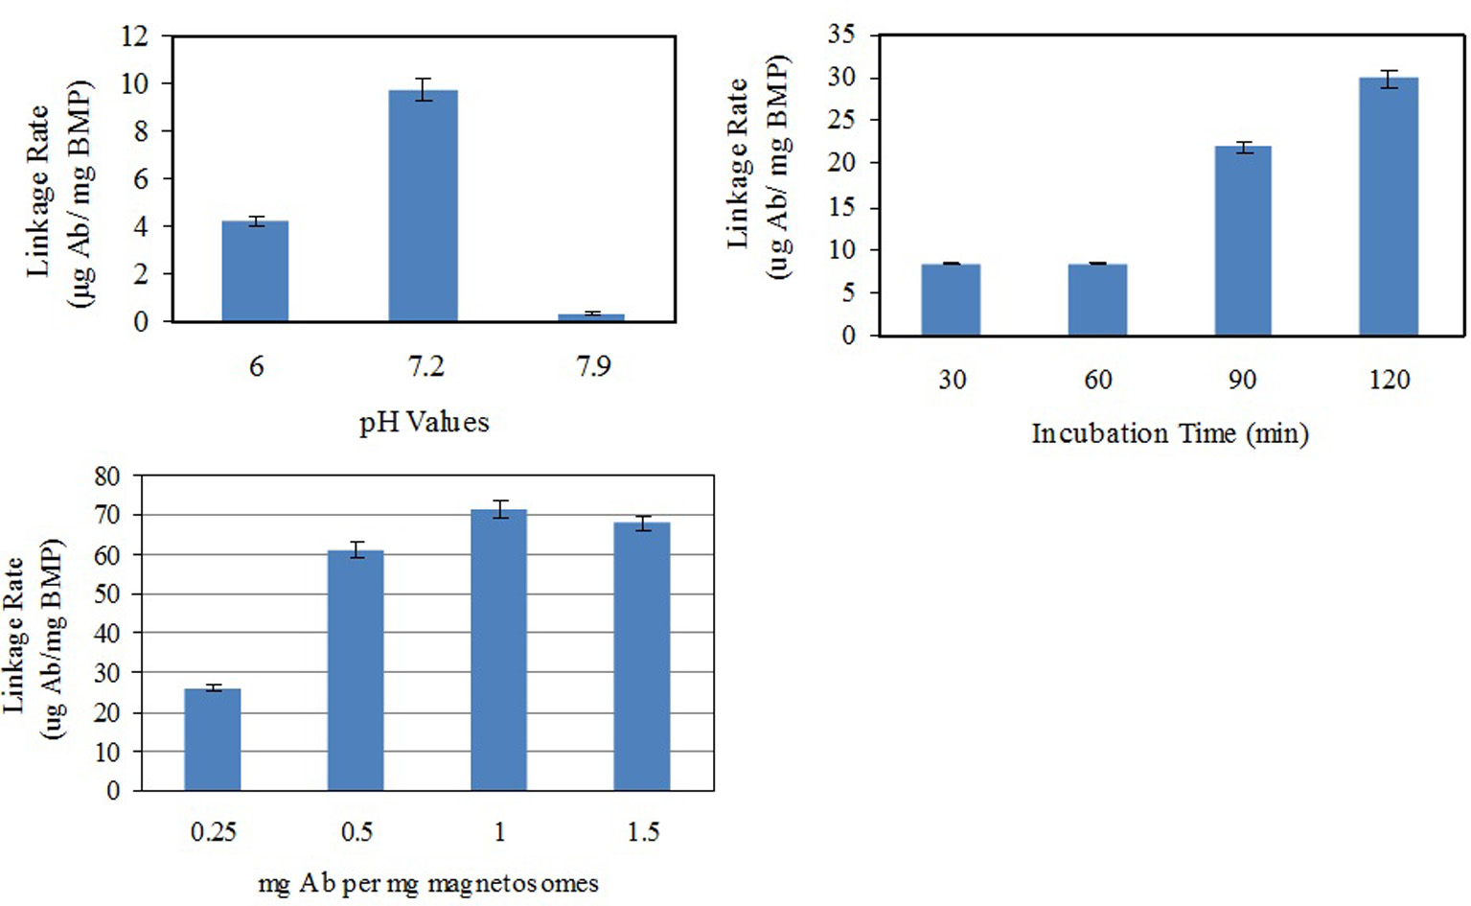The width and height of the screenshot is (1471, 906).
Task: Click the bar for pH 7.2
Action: click(x=423, y=206)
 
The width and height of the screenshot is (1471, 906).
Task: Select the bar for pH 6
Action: click(x=255, y=271)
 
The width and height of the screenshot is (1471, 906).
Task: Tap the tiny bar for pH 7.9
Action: click(x=591, y=317)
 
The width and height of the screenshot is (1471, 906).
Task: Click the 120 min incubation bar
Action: click(x=1389, y=206)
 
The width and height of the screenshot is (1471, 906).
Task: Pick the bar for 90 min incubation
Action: click(x=1243, y=241)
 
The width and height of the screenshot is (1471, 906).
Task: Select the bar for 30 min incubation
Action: click(x=951, y=299)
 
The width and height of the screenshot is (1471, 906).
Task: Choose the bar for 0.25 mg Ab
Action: click(x=213, y=739)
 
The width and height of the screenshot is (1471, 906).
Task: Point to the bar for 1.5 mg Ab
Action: click(x=642, y=657)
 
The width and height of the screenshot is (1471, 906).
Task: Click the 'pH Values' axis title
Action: click(x=424, y=423)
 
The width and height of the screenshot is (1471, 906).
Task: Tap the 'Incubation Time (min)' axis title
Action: click(x=1169, y=434)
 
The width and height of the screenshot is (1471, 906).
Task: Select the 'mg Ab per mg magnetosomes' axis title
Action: click(x=428, y=883)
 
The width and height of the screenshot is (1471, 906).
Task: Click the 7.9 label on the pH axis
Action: click(x=593, y=366)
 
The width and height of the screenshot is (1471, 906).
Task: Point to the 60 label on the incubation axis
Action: click(x=1097, y=381)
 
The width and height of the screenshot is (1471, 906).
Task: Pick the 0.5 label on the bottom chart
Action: click(x=356, y=831)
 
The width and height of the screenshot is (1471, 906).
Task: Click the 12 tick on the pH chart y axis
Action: click(x=134, y=36)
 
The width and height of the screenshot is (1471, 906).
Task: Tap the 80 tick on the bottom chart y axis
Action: click(x=107, y=476)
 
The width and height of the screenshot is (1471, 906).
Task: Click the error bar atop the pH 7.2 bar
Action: click(x=423, y=89)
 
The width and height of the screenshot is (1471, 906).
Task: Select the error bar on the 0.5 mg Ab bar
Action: click(x=356, y=549)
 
